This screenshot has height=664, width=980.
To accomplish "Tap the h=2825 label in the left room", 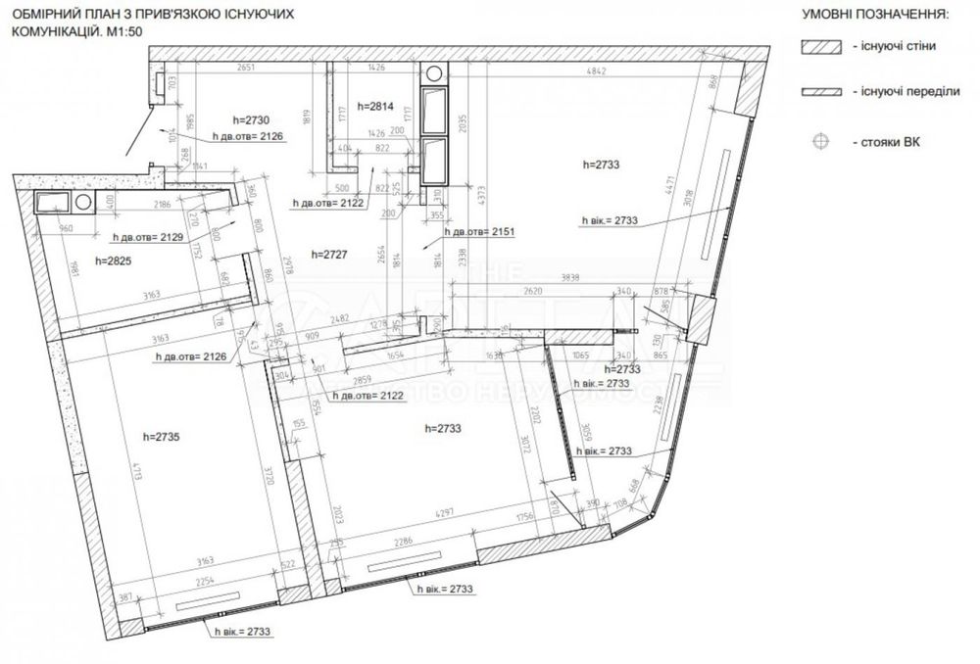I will [x=114, y=261].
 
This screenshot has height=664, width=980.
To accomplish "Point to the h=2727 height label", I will [x=329, y=254].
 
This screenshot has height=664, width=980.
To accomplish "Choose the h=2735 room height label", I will [x=162, y=437].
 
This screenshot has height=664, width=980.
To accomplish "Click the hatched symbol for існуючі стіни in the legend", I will [x=821, y=47].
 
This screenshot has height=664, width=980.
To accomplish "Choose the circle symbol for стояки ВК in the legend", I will [x=821, y=142].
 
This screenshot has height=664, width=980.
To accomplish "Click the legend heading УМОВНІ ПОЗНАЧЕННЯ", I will [x=874, y=16].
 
